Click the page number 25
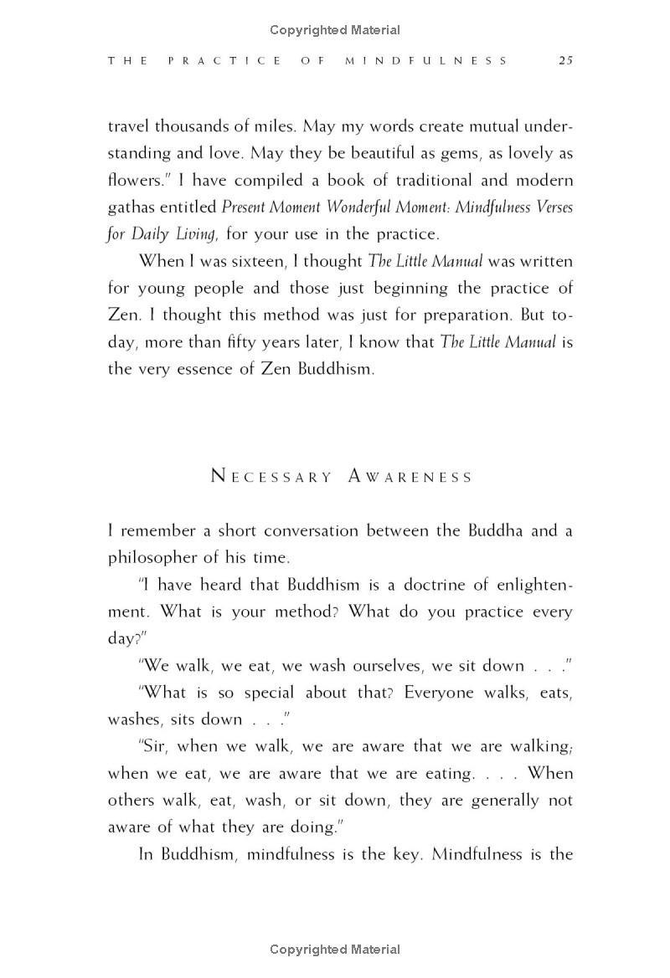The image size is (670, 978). tap(565, 60)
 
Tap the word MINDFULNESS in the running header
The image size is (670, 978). tap(426, 60)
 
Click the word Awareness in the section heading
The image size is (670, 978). tap(410, 477)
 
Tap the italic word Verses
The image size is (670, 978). tap(549, 207)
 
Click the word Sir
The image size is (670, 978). tap(153, 746)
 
